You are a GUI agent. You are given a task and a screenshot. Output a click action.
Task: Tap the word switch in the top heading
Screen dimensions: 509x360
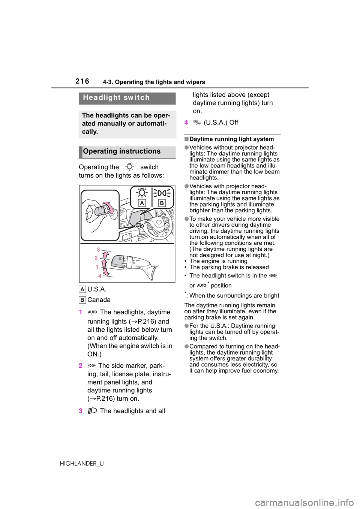(136, 98)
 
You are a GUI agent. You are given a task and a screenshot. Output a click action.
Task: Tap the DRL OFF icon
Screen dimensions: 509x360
(197, 122)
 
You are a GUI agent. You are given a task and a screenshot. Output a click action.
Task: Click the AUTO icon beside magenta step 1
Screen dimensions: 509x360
(92, 312)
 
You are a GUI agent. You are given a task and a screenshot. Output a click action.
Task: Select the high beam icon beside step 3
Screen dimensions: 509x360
(92, 411)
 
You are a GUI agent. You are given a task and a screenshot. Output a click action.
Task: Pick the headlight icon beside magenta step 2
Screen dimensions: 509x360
(92, 365)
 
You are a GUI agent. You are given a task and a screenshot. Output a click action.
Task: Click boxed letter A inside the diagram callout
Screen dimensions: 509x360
(142, 203)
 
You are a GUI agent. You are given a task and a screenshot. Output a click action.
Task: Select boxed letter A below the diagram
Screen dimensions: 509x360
(82, 289)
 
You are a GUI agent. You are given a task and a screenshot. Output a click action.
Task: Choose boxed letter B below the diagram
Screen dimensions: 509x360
(82, 300)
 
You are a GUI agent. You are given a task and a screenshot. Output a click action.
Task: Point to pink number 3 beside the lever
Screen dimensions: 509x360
(99, 250)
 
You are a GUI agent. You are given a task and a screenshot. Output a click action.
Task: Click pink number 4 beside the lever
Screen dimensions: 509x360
(100, 276)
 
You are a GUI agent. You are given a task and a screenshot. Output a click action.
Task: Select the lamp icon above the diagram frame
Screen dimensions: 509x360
(129, 167)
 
